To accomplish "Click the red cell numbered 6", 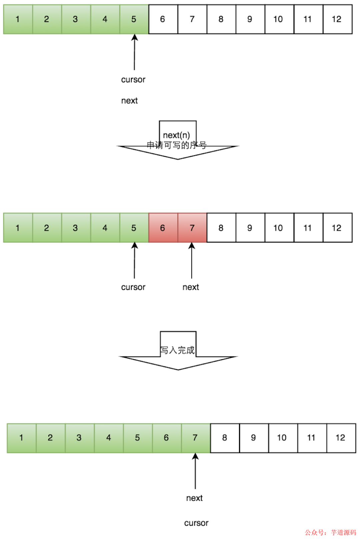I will [163, 228].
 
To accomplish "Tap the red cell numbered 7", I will [192, 228].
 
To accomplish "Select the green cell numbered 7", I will [196, 438].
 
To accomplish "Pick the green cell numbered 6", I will [167, 438].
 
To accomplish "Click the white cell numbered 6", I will [163, 19].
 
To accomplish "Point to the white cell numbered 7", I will [192, 19].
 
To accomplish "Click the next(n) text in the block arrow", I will [176, 135].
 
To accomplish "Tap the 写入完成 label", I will [177, 350].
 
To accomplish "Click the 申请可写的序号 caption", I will [177, 145].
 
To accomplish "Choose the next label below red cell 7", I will [191, 287].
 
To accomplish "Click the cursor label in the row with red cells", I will [133, 287].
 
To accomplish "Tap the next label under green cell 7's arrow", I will [194, 498].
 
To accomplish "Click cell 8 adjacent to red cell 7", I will [221, 228].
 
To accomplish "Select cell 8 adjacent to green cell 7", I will [225, 438].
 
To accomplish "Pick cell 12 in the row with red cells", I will [337, 228].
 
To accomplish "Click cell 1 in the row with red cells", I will [18, 228].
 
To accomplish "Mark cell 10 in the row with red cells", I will [279, 228].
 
